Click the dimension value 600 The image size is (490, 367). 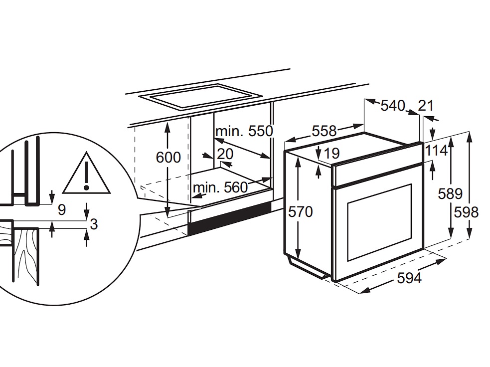point(168,158)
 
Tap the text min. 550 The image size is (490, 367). point(244,131)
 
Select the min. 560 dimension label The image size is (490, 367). point(220,187)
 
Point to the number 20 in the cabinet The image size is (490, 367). point(225,154)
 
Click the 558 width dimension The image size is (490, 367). point(325,131)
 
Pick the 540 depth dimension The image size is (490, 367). point(393,106)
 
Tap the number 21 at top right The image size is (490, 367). point(426,105)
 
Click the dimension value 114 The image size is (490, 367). point(437,150)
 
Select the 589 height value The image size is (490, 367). point(450,193)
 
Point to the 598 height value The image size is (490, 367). point(466,212)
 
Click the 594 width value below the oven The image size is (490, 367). point(409,278)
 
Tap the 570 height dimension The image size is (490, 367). point(301,212)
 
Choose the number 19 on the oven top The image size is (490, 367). point(331,153)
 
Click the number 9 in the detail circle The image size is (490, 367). point(62,210)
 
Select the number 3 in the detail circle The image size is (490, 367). point(93,224)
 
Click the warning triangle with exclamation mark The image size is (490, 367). point(86,176)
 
